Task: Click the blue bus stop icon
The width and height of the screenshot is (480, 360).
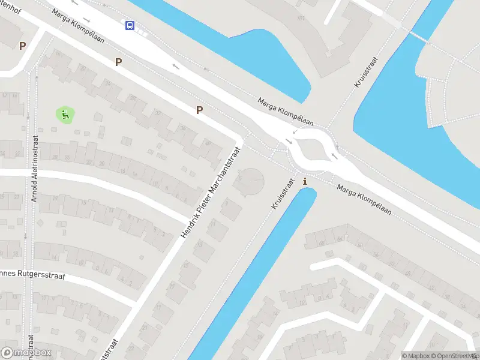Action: [x=130, y=25]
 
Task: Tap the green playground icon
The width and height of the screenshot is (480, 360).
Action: [x=65, y=114]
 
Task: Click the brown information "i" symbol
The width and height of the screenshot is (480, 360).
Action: [x=305, y=181]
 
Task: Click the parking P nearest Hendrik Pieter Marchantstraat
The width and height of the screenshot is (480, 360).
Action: [x=199, y=110]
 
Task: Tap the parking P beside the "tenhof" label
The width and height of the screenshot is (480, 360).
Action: [x=23, y=46]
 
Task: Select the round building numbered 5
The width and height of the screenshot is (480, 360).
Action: [x=248, y=180]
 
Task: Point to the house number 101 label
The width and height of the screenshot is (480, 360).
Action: [x=301, y=19]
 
